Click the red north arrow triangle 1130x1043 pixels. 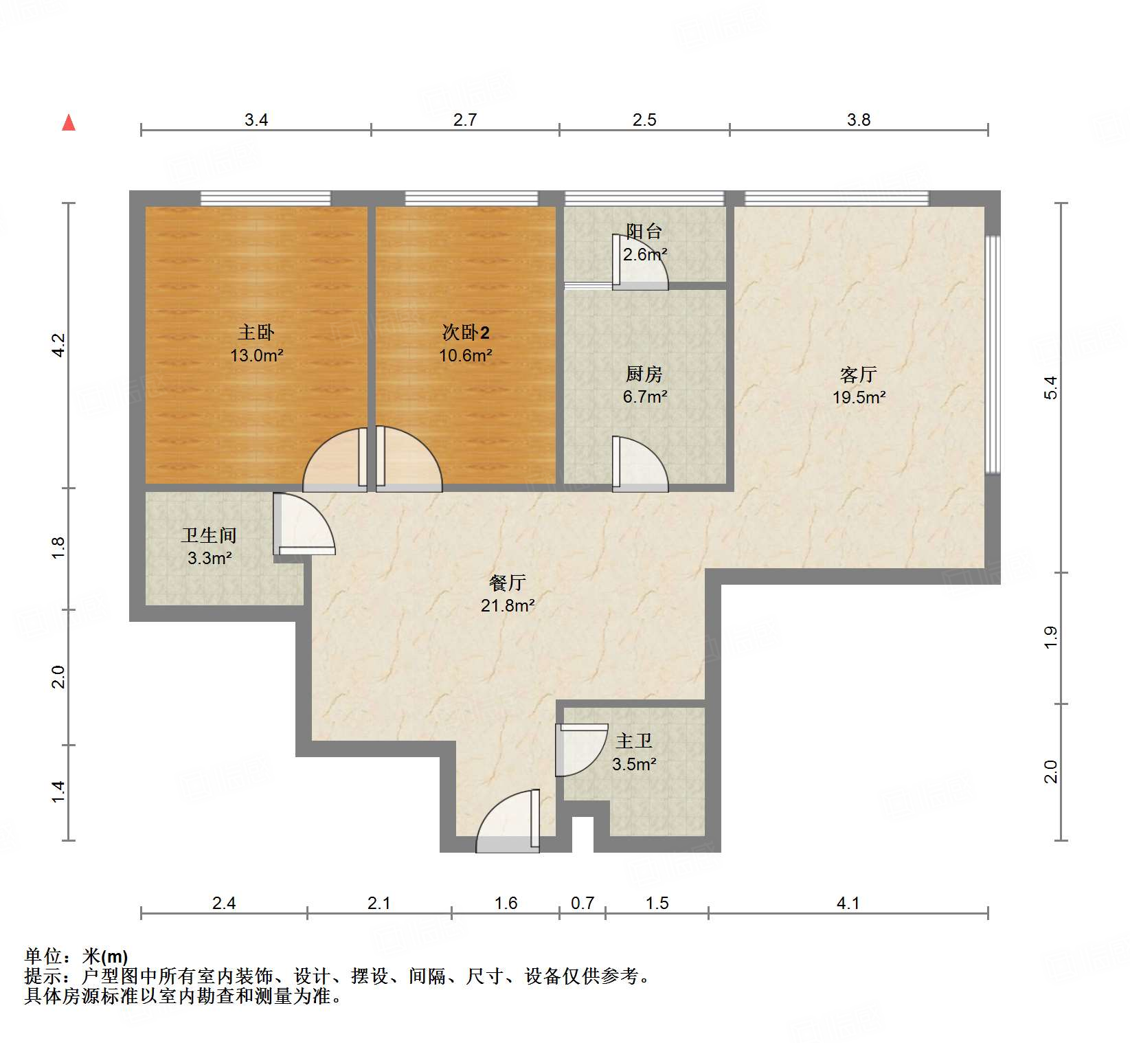[x=69, y=123]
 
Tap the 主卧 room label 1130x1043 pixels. [x=256, y=333]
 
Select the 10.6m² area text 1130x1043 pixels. [x=465, y=355]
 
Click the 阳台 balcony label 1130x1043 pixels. [x=644, y=232]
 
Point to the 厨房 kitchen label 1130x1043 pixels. [x=644, y=374]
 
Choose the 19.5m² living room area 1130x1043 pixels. [x=859, y=397]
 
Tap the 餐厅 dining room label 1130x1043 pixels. [x=508, y=583]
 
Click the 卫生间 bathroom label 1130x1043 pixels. [x=209, y=535]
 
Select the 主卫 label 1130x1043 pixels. [x=633, y=741]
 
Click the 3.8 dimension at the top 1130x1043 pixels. [x=859, y=120]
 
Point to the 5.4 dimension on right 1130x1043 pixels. [x=1050, y=388]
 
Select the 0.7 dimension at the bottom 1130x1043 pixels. [x=583, y=903]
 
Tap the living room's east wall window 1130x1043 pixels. [x=992, y=355]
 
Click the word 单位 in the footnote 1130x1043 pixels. [x=43, y=956]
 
